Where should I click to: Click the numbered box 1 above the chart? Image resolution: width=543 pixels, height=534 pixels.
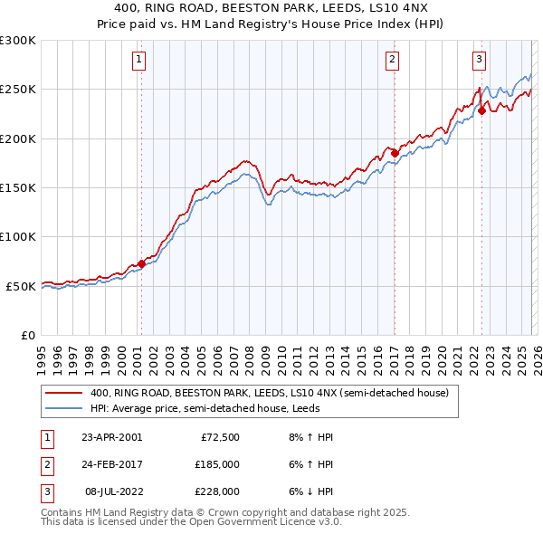point(140,61)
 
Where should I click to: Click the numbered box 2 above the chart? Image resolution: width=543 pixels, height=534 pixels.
point(393,61)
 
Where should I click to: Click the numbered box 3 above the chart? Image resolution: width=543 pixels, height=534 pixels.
point(478,61)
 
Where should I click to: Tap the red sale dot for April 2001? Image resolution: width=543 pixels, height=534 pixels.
point(141,264)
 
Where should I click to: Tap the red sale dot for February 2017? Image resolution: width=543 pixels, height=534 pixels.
point(395,154)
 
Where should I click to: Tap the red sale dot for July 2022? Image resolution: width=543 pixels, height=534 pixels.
point(481,111)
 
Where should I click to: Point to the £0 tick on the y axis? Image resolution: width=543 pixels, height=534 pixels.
point(30,335)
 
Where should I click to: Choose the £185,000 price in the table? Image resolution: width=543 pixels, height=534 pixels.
point(219,464)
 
